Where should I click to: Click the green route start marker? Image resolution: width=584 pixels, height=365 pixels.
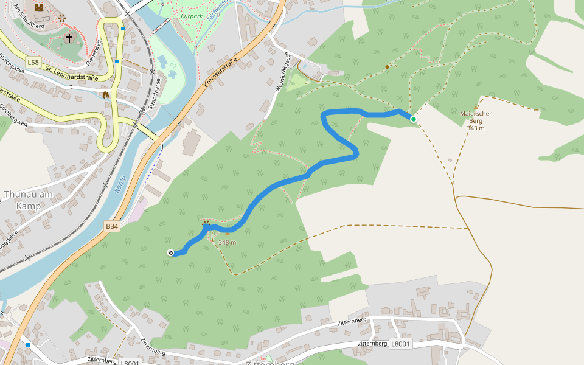[414, 119]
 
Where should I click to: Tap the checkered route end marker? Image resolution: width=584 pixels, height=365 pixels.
[170, 252]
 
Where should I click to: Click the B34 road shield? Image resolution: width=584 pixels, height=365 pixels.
[111, 226]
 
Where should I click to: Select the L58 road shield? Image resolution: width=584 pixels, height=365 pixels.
[33, 62]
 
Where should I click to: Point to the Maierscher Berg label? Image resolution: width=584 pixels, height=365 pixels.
[476, 117]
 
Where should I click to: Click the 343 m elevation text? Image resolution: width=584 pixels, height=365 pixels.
[476, 128]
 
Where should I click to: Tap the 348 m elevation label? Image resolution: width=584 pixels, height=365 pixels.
[228, 242]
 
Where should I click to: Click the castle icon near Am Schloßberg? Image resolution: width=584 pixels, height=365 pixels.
[40, 7]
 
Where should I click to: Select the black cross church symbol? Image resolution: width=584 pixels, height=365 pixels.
[69, 38]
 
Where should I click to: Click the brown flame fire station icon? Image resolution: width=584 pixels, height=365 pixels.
[106, 94]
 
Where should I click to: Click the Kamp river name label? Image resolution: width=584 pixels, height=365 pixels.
[120, 184]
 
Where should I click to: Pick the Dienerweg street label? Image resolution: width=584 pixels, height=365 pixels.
[92, 53]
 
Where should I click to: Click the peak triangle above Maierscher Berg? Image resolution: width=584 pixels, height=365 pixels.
[476, 106]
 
